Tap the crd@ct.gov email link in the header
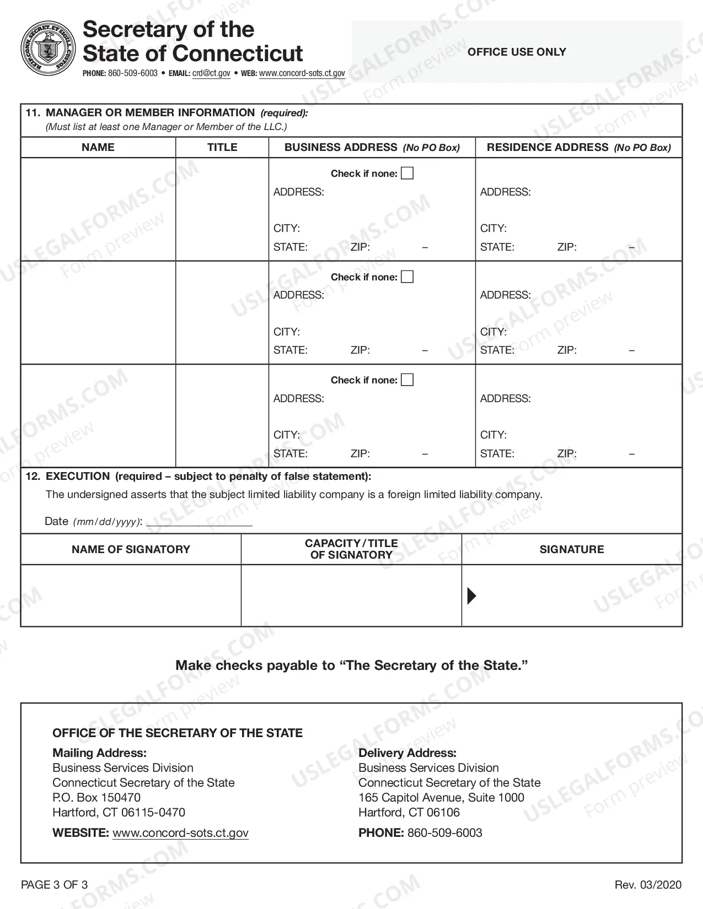coord(211,73)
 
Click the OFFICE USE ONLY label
coord(517,52)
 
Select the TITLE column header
coord(222,147)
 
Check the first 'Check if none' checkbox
coord(407,174)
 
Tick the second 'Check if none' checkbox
coord(407,277)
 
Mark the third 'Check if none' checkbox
coord(407,380)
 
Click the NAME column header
coord(98,147)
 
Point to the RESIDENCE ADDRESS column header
coord(578,147)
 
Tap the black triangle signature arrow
coord(471,596)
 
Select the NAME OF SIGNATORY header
coord(131,549)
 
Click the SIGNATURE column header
coord(572,549)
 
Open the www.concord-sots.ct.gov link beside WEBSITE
coord(180,833)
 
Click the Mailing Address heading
coord(99,753)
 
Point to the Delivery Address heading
coord(407,753)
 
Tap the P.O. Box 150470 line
coord(96,797)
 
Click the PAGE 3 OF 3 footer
coord(54,885)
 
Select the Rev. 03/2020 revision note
coord(648,885)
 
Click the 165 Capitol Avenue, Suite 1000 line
coord(441,797)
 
